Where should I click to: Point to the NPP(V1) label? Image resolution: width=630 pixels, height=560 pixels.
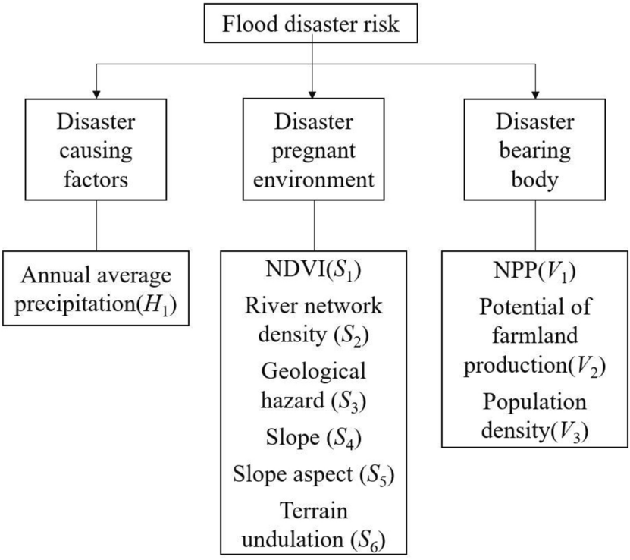tap(536, 270)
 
